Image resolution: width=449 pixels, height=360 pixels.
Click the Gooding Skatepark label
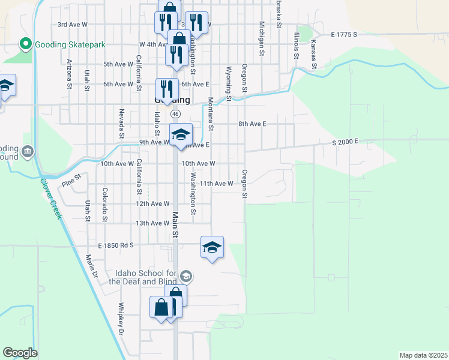70,44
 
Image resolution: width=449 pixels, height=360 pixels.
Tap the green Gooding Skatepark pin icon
26,44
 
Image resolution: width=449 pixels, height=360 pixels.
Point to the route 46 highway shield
175,113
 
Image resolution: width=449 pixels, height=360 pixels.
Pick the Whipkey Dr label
121,319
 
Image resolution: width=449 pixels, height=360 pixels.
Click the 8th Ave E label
252,124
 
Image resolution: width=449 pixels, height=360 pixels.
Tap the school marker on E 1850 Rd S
212,247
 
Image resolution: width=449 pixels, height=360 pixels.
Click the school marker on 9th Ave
181,135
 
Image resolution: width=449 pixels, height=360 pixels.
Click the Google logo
20,353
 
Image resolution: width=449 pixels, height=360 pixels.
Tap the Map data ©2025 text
423,355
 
